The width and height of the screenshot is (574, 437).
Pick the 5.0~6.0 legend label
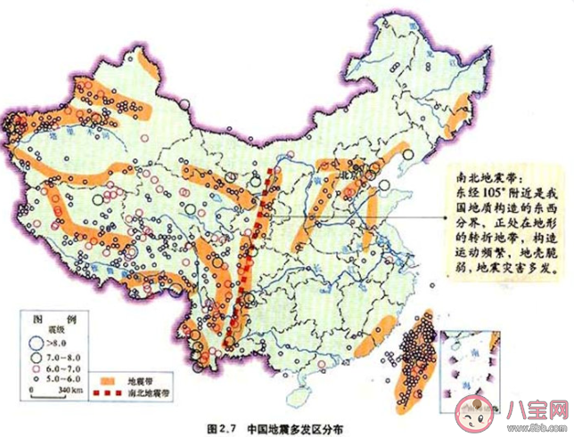(x=64, y=377)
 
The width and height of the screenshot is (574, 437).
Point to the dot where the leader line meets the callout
(x=442, y=219)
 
